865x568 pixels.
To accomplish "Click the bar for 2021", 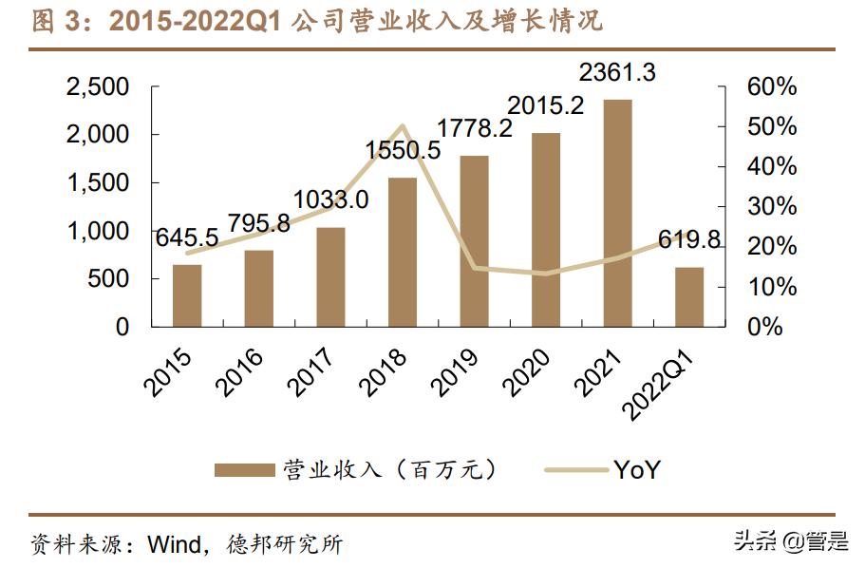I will tap(617, 213).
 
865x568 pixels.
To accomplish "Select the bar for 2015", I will tap(187, 295).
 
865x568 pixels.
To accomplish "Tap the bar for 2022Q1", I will tap(689, 296).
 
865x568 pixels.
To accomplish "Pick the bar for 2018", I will tap(402, 252).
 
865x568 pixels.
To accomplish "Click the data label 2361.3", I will tap(617, 72).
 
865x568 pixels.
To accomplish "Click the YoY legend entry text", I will tap(636, 469).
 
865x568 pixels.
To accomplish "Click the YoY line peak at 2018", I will tap(402, 125).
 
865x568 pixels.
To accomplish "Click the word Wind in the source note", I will tap(175, 544).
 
